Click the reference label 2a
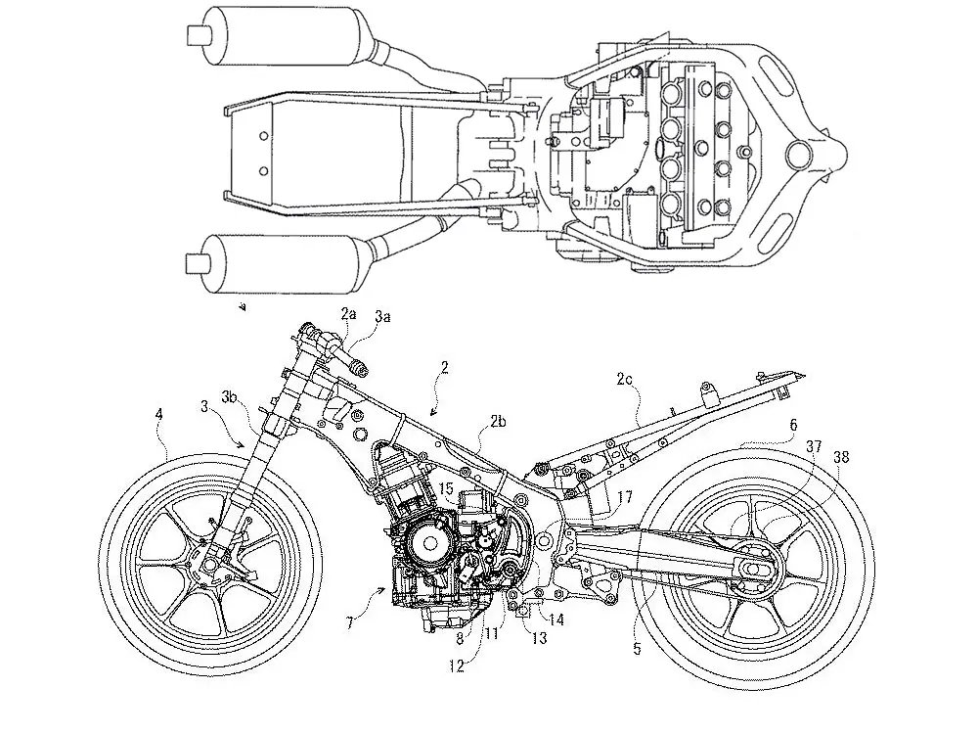(x=349, y=313)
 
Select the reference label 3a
(x=382, y=316)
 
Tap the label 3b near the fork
(x=230, y=397)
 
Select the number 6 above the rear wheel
(x=793, y=425)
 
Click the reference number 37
(x=814, y=445)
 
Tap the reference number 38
(x=841, y=455)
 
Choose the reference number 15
(x=446, y=486)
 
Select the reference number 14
(x=556, y=619)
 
